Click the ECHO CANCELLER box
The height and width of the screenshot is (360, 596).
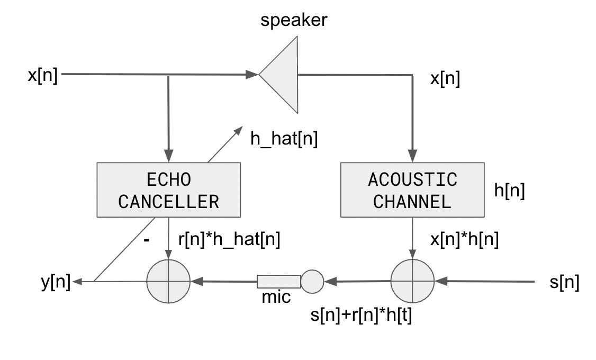168,190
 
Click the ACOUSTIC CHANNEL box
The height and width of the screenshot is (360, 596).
412,190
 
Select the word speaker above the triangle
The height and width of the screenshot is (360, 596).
294,21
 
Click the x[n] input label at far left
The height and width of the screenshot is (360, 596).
42,75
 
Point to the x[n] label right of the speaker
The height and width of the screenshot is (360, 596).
445,79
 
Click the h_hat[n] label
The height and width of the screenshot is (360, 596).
284,140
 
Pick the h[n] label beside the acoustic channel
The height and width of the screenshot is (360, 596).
509,191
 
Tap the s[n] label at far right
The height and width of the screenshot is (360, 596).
565,283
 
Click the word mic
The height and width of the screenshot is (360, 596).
276,298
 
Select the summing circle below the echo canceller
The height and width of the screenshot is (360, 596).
168,281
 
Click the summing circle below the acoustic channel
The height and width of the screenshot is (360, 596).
412,281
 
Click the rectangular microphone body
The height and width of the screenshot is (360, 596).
279,281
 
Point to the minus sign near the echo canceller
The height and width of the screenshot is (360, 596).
147,240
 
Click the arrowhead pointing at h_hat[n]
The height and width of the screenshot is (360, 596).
239,129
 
